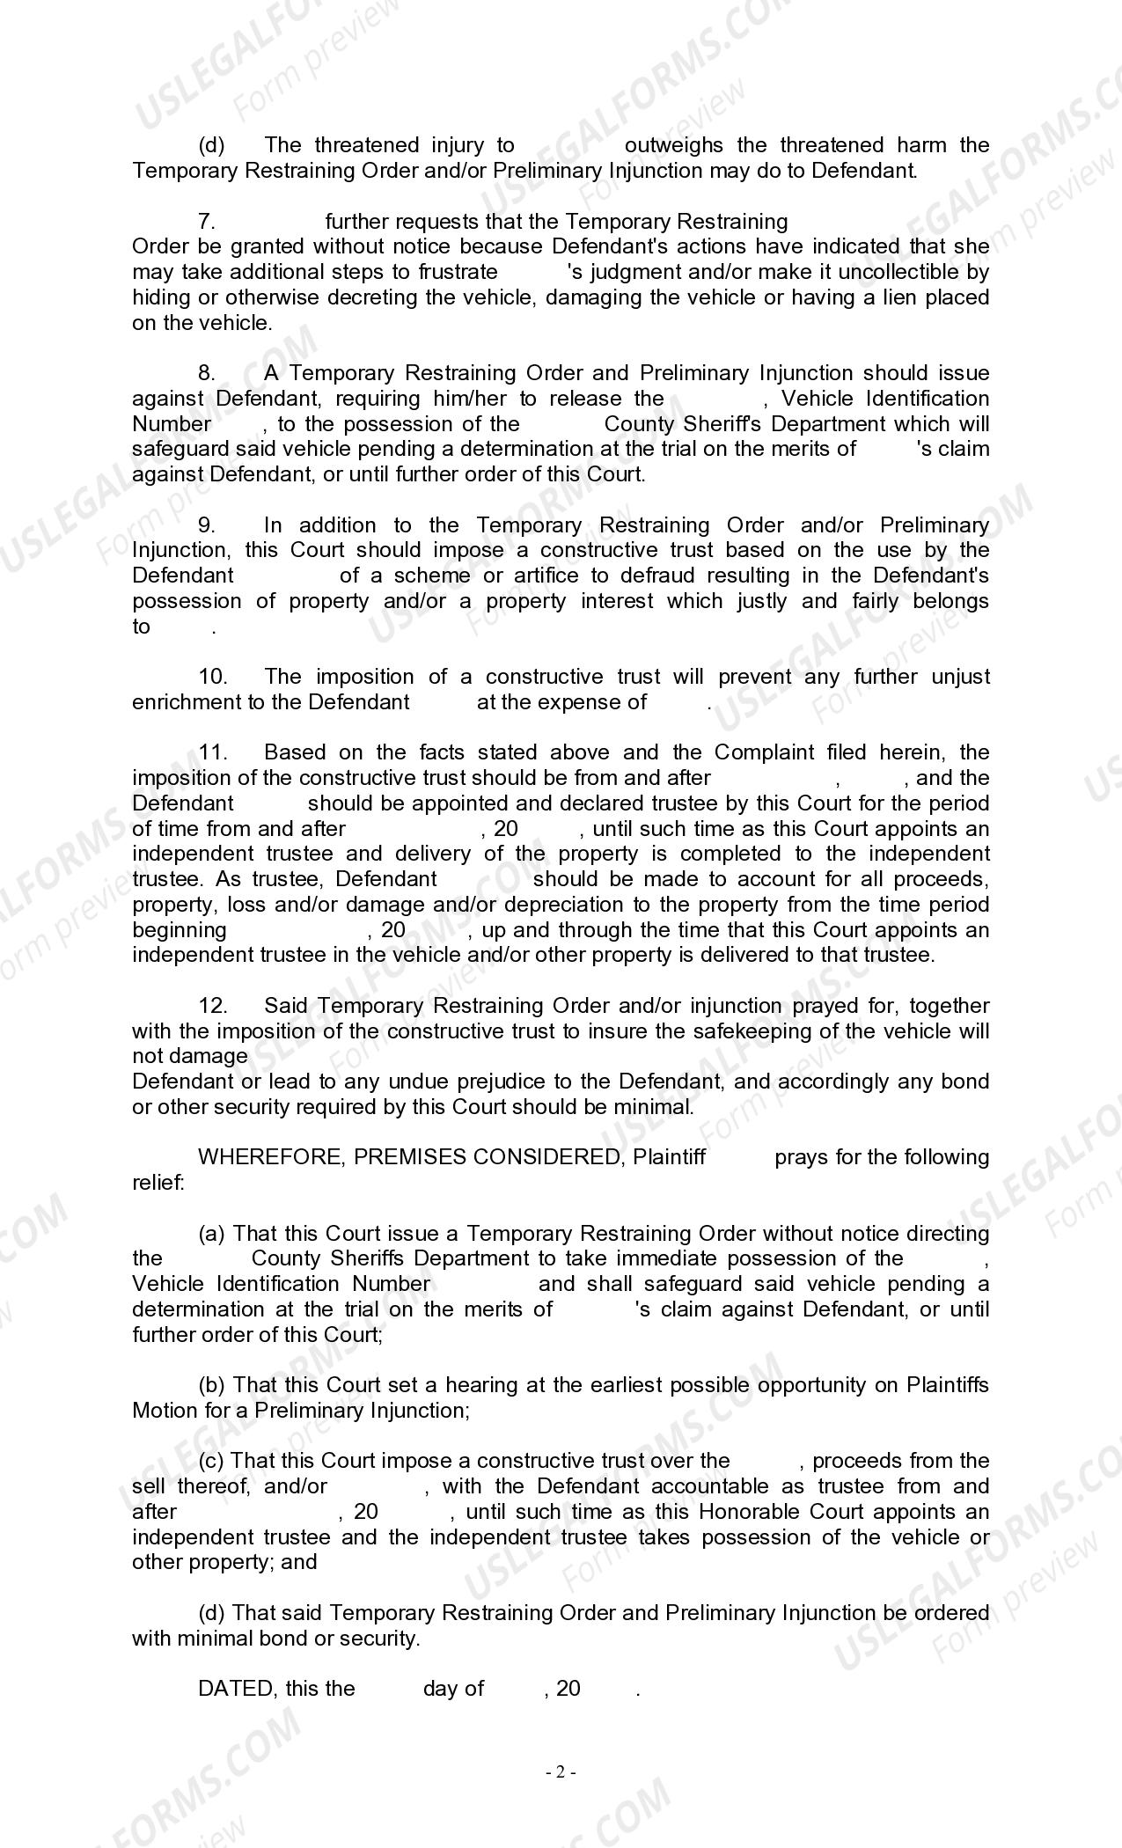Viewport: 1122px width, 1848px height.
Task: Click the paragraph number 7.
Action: tap(207, 222)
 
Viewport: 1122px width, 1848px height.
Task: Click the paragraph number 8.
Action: tap(207, 373)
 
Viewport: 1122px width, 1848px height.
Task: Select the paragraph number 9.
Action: tap(207, 525)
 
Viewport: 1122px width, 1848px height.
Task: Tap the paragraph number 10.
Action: tap(213, 677)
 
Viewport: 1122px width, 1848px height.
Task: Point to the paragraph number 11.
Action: tap(213, 752)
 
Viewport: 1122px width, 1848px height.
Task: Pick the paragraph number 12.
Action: tap(213, 1006)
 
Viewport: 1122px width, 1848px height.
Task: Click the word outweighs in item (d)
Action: tap(673, 145)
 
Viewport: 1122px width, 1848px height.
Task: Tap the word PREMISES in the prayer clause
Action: tap(410, 1157)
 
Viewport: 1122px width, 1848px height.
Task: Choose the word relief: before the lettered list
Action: tap(158, 1183)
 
